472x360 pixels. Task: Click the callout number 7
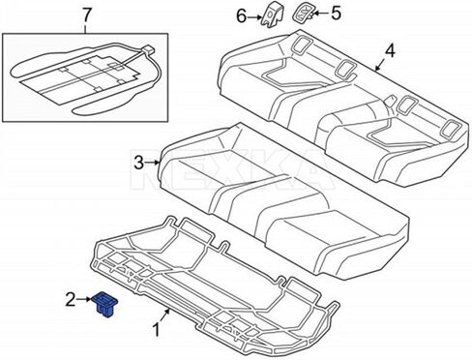point(87,15)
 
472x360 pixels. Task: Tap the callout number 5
point(337,13)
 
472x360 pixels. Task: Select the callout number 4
point(390,49)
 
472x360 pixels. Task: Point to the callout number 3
point(139,162)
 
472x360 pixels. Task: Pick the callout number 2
point(70,301)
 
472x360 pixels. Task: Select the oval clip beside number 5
point(306,13)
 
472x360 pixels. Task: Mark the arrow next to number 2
point(83,301)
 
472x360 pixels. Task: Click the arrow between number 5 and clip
point(322,13)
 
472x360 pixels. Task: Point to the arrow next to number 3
point(152,164)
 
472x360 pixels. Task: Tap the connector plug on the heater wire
point(148,48)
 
